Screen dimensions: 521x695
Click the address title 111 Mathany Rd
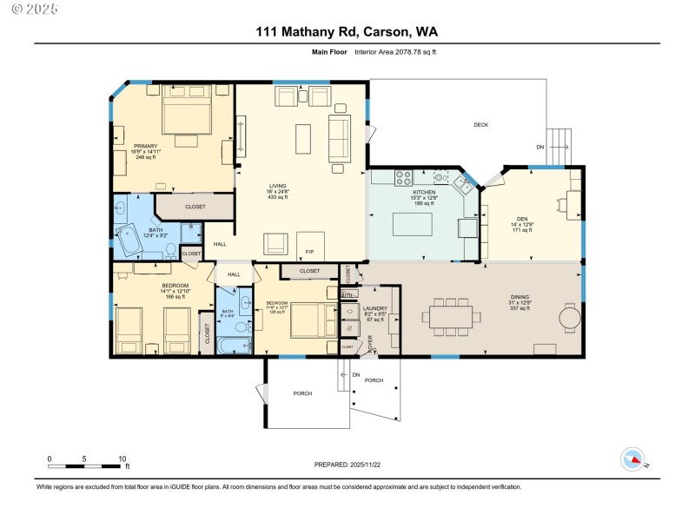[347, 32]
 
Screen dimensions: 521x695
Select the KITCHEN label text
[424, 192]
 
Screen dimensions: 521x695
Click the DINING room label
[520, 296]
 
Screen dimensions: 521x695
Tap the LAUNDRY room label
[375, 308]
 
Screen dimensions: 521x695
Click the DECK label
[480, 125]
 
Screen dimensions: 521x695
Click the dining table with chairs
[451, 317]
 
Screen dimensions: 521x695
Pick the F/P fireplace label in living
[309, 253]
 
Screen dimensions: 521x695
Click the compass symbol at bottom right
[632, 459]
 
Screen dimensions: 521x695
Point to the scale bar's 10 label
[122, 458]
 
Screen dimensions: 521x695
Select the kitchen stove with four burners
[403, 178]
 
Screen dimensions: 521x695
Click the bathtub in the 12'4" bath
[130, 241]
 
